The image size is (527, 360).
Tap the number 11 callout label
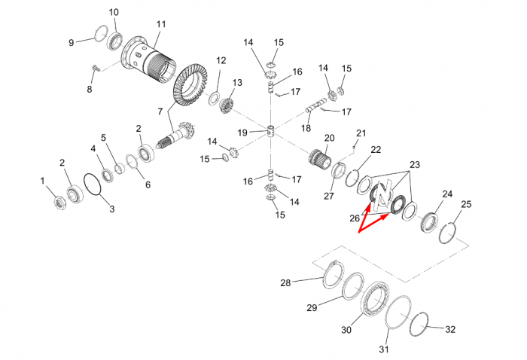tap(161, 24)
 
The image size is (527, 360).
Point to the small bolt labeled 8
tap(95, 68)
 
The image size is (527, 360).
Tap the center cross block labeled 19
tap(273, 132)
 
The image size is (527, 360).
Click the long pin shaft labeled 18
tap(315, 105)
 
